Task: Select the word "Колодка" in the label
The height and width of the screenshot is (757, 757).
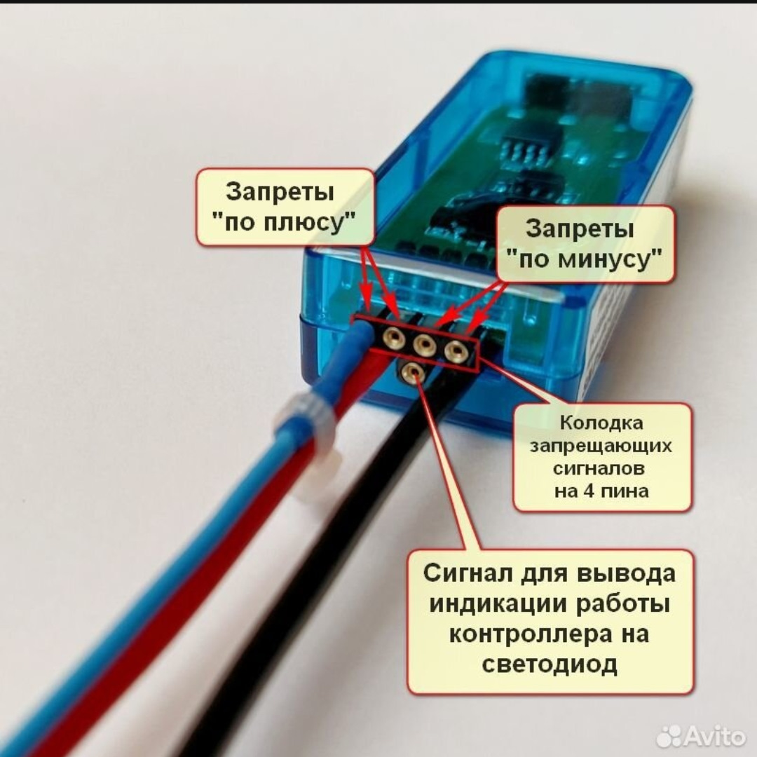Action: [601, 423]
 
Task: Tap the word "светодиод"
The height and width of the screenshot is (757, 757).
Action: [550, 664]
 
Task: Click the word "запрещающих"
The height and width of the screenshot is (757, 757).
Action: [601, 446]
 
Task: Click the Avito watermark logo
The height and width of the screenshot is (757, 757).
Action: [701, 736]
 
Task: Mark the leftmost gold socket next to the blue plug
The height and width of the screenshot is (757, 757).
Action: [393, 339]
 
